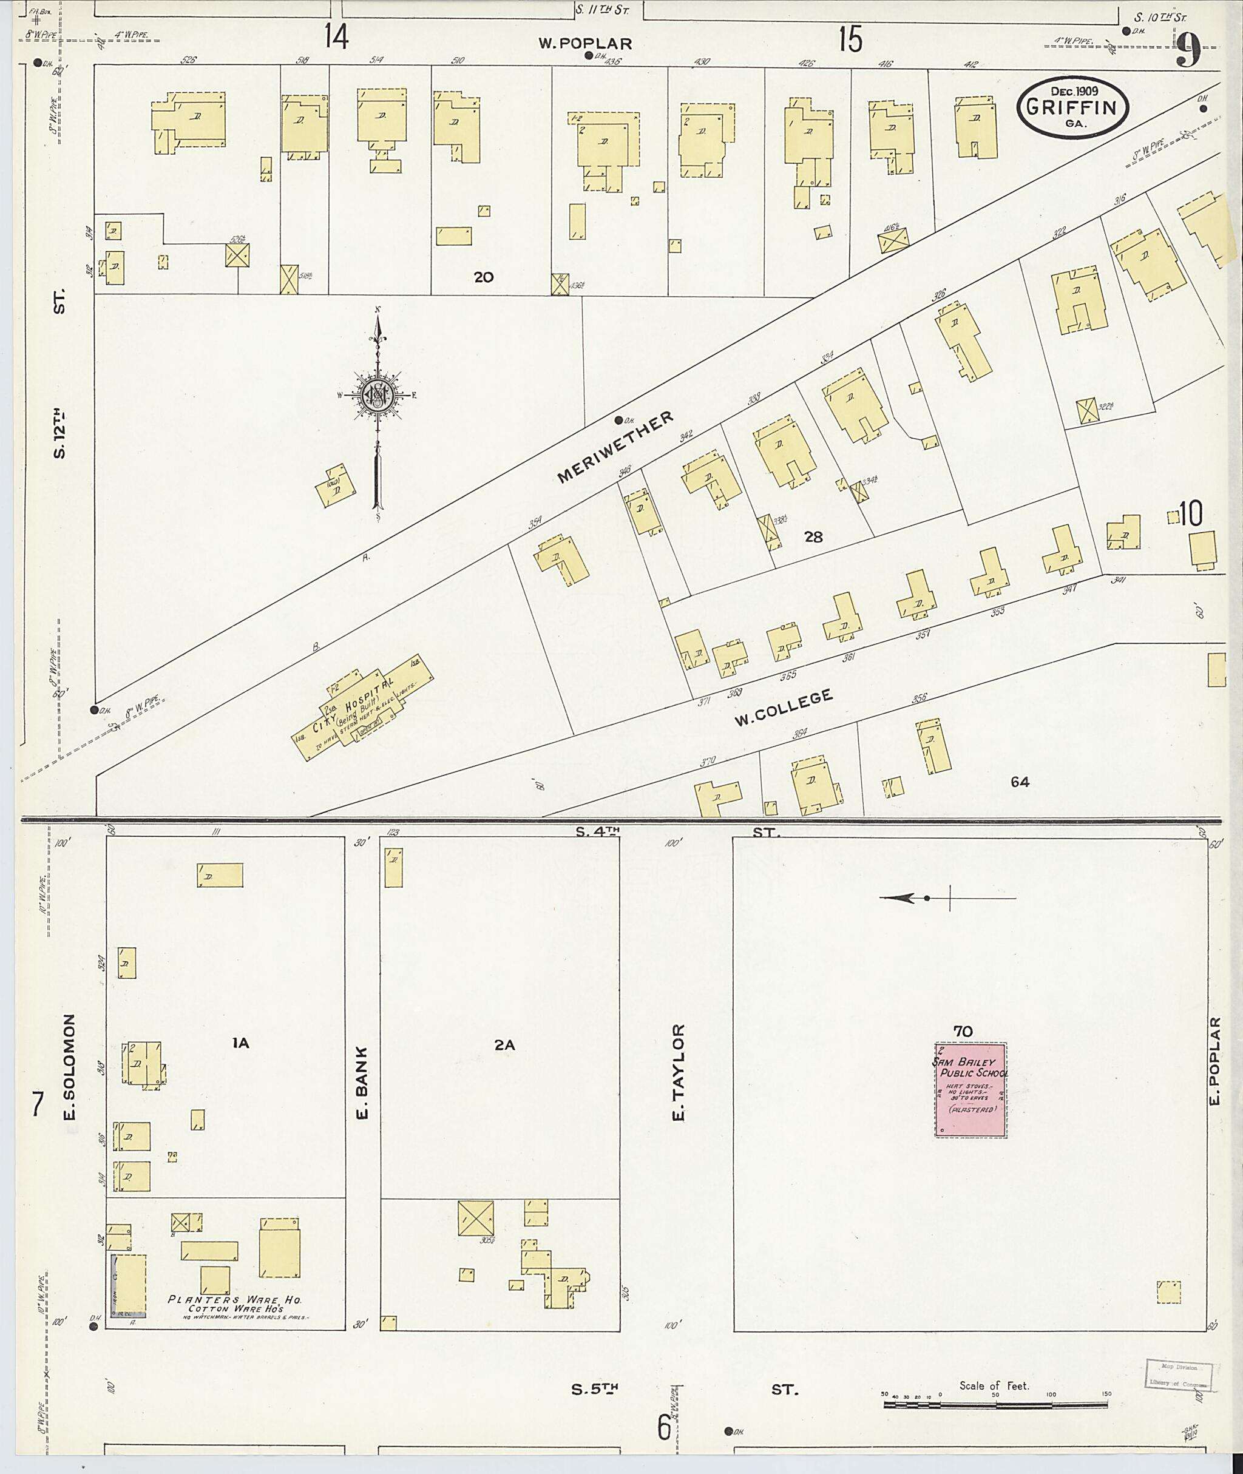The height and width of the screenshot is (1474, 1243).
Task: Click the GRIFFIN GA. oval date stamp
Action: pyautogui.click(x=1072, y=106)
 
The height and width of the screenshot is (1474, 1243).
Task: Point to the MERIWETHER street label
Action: pyautogui.click(x=615, y=448)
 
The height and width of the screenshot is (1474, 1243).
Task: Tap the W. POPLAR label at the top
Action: pyautogui.click(x=585, y=44)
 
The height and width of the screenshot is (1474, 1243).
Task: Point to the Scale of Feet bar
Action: pyautogui.click(x=994, y=1404)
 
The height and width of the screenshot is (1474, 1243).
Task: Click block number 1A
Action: pyautogui.click(x=241, y=1044)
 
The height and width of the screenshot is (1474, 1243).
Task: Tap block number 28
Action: pyautogui.click(x=813, y=538)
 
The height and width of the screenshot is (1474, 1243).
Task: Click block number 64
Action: pyautogui.click(x=1020, y=782)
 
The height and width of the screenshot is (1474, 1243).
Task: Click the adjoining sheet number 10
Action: pyautogui.click(x=1190, y=515)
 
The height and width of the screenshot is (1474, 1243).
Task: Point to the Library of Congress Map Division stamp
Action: pyautogui.click(x=1177, y=1374)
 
